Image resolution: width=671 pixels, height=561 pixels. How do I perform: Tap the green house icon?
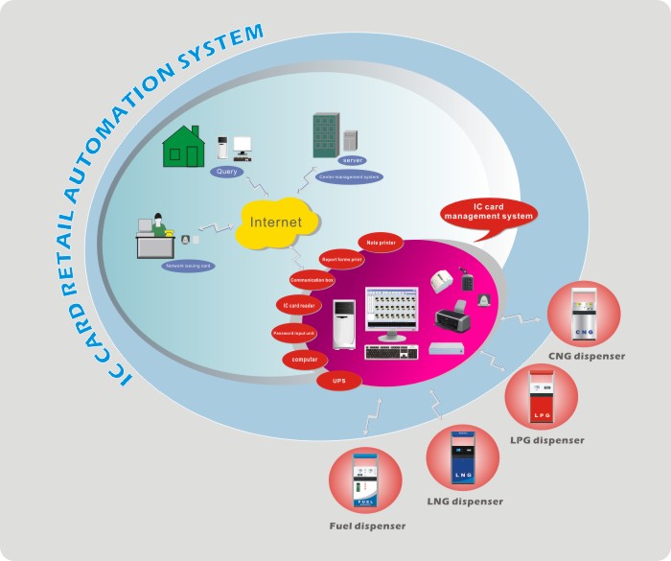(184, 145)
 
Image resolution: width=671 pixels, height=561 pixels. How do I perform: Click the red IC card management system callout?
(488, 212)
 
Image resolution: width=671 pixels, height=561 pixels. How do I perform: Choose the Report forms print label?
(341, 259)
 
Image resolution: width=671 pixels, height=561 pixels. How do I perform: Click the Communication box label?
(312, 281)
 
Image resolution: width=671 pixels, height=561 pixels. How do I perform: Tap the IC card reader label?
(298, 306)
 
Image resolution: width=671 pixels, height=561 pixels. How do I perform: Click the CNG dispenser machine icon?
(584, 316)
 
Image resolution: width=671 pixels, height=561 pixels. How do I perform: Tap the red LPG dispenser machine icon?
(542, 398)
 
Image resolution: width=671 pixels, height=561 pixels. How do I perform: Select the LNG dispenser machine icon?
(463, 461)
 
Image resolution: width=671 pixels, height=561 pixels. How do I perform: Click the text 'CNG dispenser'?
(587, 357)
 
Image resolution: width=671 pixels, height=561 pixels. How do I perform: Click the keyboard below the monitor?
(391, 352)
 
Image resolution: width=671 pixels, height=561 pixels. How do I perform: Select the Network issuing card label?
(188, 266)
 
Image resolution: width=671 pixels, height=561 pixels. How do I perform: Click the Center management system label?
(349, 176)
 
